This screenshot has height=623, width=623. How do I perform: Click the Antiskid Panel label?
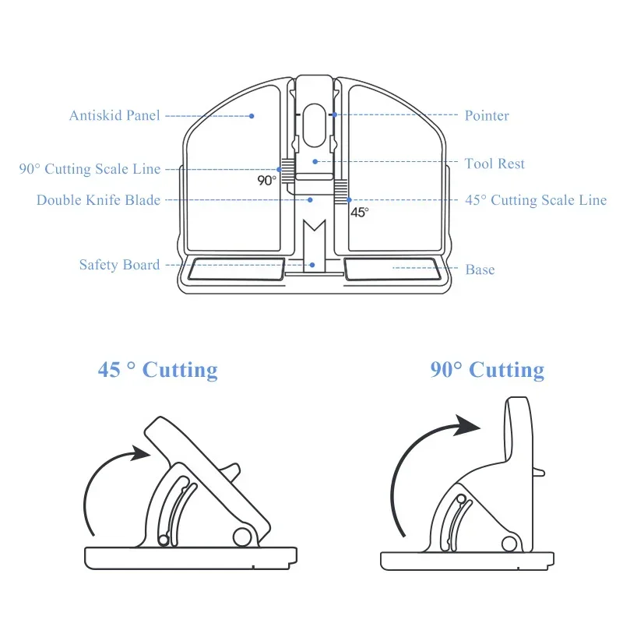[114, 116]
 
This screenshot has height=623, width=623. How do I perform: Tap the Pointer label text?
[487, 116]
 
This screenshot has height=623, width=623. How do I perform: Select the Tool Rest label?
[495, 164]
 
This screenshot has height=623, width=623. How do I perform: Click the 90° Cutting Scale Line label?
[90, 169]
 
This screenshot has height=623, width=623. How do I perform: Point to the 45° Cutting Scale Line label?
[537, 200]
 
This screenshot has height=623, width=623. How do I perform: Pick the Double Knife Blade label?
[98, 200]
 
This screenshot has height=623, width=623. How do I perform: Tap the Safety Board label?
[119, 265]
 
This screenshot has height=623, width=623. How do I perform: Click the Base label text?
[480, 269]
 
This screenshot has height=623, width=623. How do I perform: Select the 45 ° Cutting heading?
[157, 369]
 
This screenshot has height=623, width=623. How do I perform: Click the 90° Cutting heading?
[487, 369]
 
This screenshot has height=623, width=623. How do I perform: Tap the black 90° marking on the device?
[267, 180]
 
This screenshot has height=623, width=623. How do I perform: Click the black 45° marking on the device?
[359, 212]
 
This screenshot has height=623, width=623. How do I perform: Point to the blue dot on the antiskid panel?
[252, 116]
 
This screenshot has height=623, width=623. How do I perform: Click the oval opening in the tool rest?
[315, 124]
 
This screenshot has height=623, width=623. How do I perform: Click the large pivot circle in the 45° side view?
[243, 537]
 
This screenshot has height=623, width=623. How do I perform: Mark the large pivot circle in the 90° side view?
[510, 543]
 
